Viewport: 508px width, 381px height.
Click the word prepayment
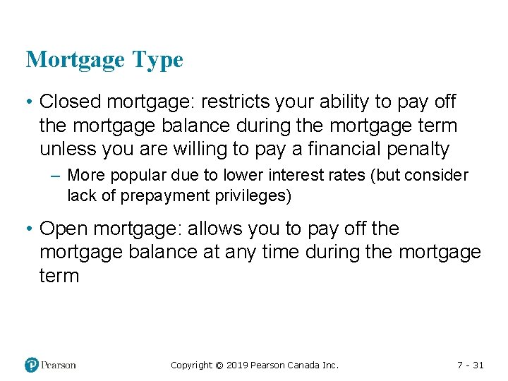165,195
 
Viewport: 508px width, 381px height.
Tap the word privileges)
252,195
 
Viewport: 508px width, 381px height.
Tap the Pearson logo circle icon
32,365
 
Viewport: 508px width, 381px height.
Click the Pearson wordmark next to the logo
59,365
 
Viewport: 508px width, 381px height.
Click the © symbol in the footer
219,365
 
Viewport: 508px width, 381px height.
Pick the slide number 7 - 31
469,365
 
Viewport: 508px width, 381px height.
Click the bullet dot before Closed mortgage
30,102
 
